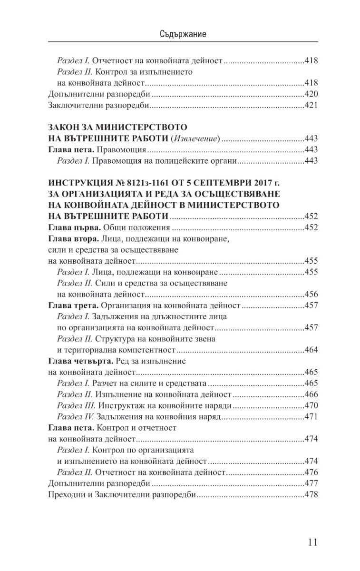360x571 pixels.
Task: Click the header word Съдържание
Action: [180, 35]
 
